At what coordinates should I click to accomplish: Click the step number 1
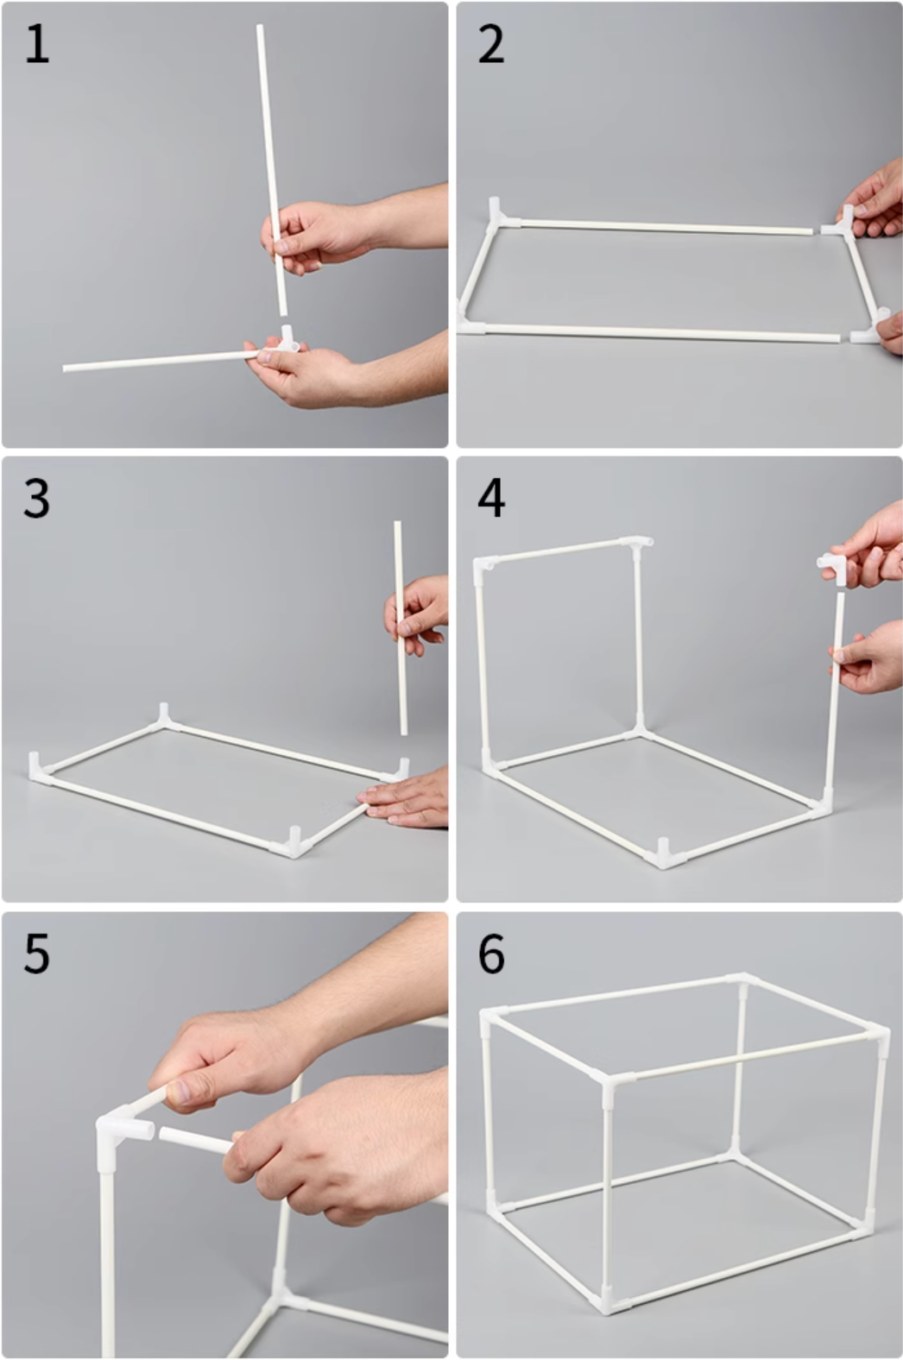(x=36, y=46)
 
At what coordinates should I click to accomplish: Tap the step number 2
(x=490, y=46)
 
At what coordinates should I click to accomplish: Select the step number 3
(x=36, y=500)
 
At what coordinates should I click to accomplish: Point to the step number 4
(x=491, y=500)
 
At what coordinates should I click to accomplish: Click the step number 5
(x=36, y=954)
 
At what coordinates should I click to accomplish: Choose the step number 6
(x=491, y=954)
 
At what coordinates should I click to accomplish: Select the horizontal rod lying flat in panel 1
(x=161, y=361)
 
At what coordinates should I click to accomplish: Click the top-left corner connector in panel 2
(x=501, y=216)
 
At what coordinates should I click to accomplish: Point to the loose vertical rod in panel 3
(x=401, y=627)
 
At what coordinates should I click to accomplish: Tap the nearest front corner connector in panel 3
(x=294, y=845)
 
